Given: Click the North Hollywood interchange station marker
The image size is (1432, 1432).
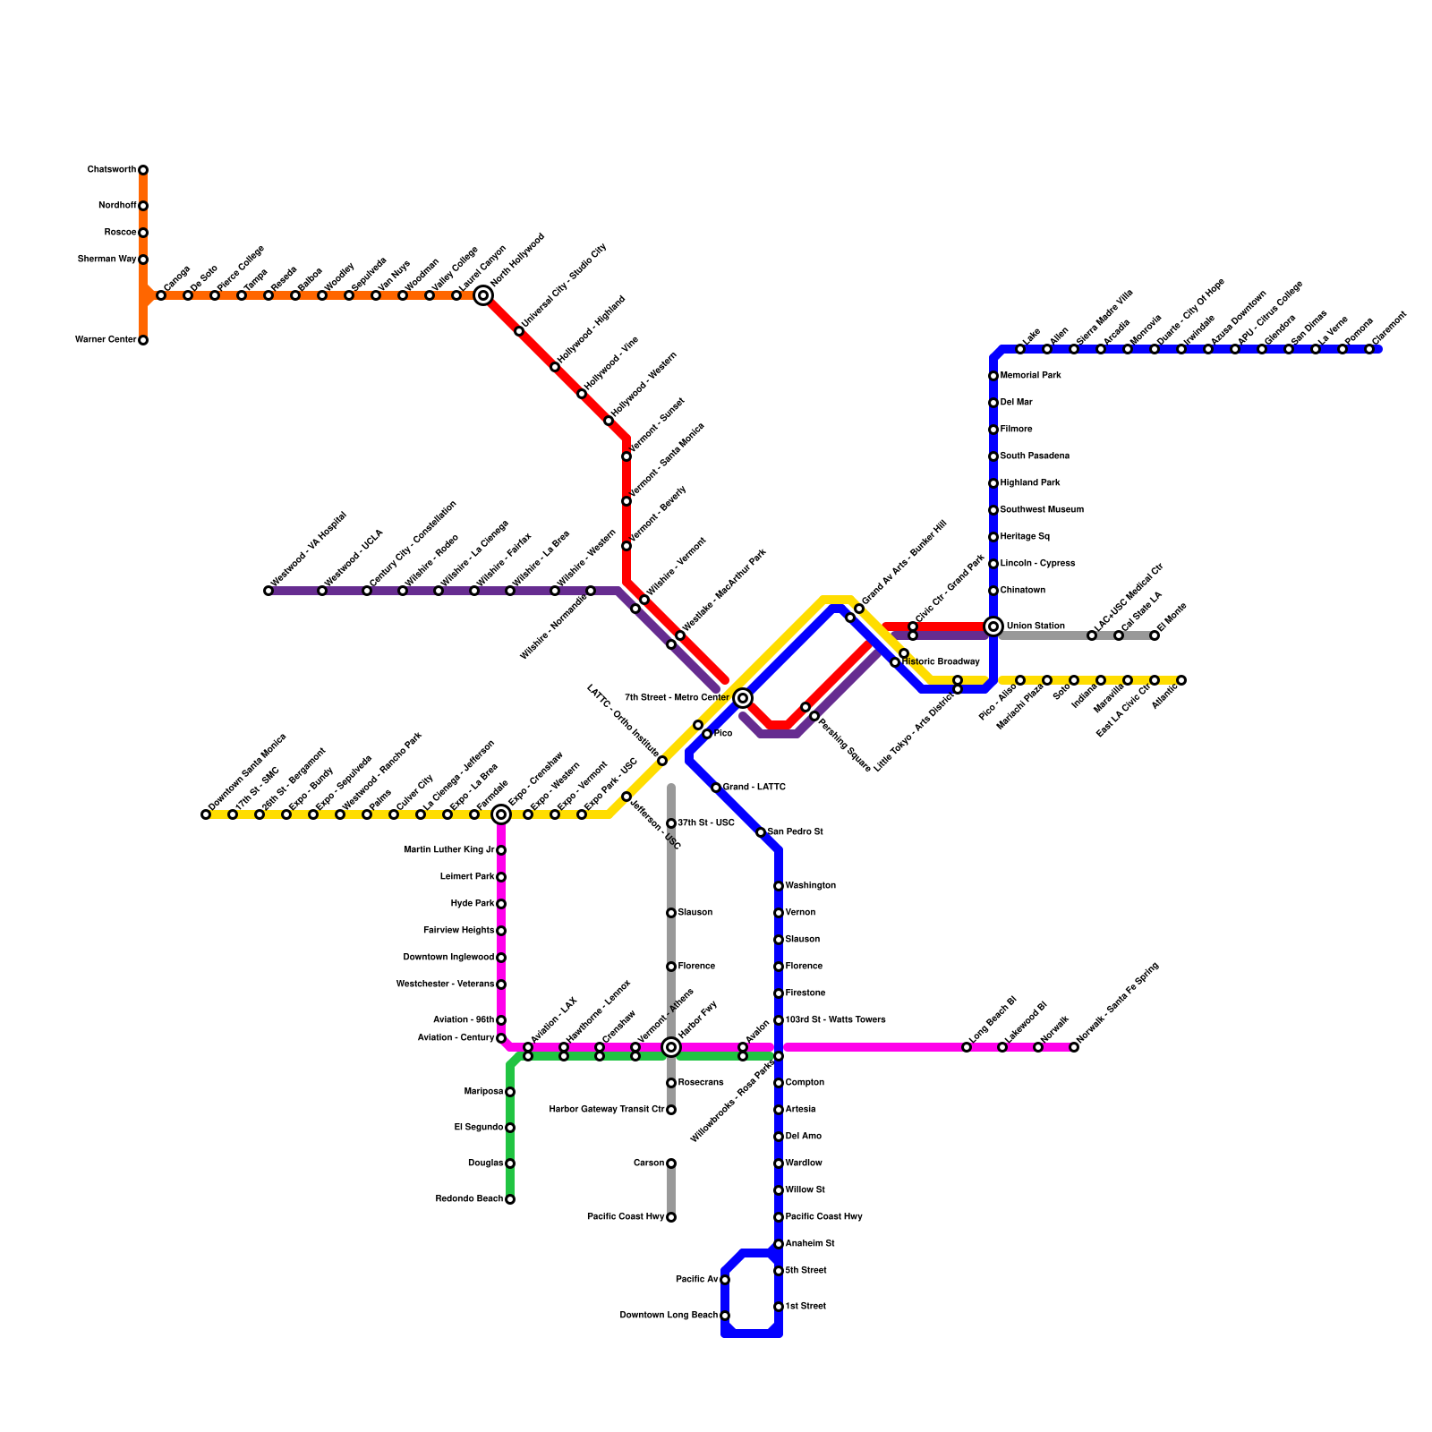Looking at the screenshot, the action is [x=483, y=295].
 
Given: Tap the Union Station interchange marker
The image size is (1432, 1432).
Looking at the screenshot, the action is [x=993, y=626].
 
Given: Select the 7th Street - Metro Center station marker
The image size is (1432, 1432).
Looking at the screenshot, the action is [x=743, y=698].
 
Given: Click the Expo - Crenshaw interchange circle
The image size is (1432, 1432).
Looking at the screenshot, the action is [x=501, y=814].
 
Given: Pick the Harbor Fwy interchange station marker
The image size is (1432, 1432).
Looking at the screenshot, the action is [x=671, y=1047].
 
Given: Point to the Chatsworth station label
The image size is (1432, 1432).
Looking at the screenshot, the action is [x=112, y=170].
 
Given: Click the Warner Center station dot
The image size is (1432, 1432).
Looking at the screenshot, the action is [x=143, y=340].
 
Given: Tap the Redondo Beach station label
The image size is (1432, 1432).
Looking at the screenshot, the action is [x=469, y=1199].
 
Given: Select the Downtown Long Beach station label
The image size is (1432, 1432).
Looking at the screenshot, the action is [x=669, y=1316].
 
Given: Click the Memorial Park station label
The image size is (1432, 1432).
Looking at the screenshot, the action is [x=1030, y=376].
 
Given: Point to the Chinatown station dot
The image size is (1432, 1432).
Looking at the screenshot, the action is [x=993, y=591].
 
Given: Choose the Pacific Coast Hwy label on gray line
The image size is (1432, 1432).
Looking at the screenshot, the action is [x=626, y=1217].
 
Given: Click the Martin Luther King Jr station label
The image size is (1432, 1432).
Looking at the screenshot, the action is [x=448, y=850].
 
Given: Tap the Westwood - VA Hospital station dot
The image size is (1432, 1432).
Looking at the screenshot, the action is [x=268, y=591].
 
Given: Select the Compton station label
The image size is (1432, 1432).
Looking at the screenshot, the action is [x=805, y=1083].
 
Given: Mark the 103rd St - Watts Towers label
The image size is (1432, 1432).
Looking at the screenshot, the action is [x=835, y=1020].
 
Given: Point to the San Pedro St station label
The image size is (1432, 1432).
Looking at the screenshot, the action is [x=795, y=832].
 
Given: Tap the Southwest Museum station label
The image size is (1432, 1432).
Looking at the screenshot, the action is [x=1042, y=510].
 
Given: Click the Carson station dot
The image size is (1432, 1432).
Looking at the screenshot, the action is [x=671, y=1163].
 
